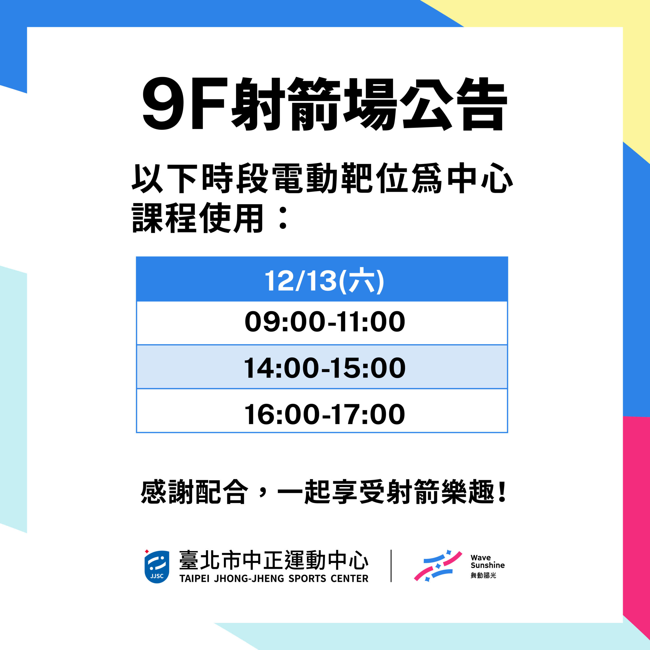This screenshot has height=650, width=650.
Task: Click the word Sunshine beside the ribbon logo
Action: (487, 565)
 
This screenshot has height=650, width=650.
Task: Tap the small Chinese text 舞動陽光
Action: (483, 576)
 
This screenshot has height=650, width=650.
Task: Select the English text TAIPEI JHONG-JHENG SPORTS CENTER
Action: (274, 579)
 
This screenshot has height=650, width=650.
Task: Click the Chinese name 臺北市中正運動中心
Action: (274, 560)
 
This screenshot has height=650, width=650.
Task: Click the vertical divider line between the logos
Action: (391, 566)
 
